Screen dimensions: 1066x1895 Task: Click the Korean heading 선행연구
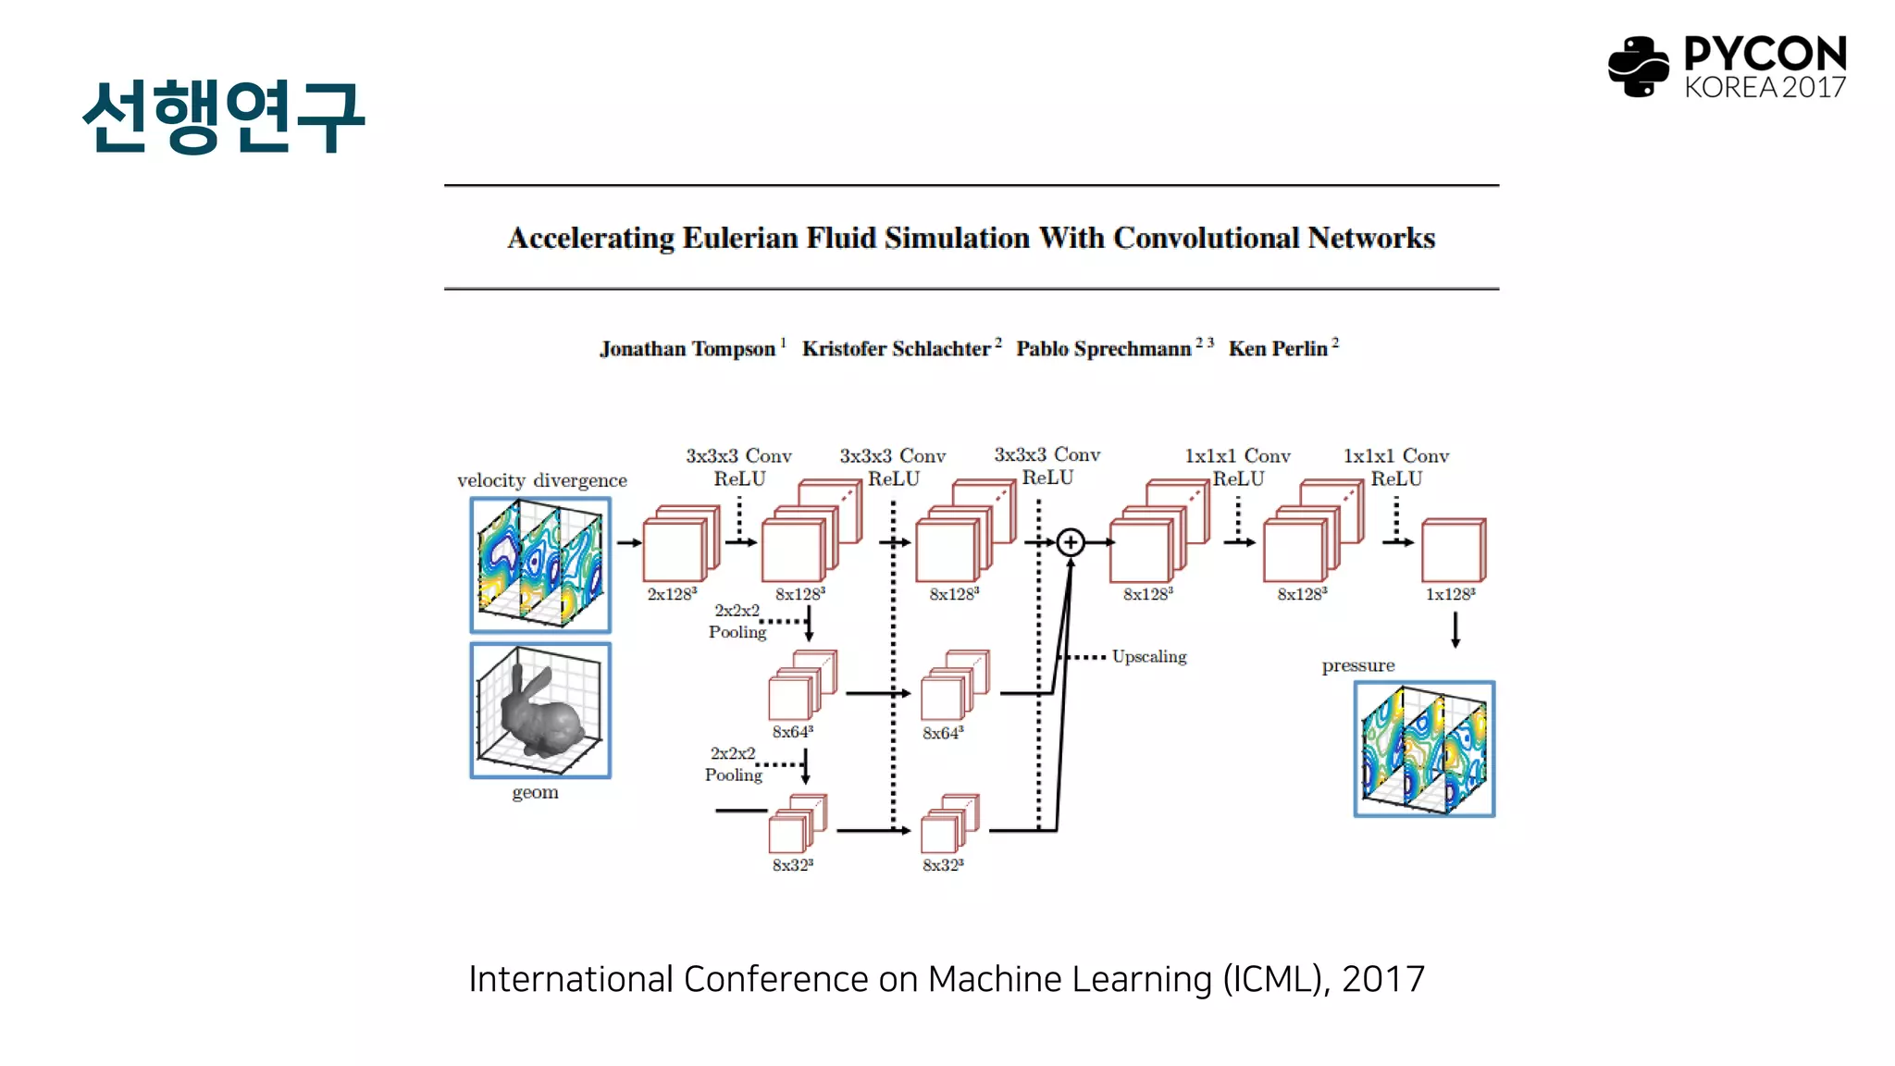[223, 116]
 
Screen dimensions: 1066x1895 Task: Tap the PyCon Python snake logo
[1638, 66]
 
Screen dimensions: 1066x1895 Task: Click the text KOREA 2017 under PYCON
[1765, 88]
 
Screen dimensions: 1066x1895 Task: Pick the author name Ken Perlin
[1278, 349]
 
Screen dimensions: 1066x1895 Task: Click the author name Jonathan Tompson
[687, 349]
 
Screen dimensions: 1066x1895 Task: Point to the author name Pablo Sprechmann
[1103, 349]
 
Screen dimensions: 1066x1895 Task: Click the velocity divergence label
[541, 480]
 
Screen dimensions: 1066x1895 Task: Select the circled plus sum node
[1071, 542]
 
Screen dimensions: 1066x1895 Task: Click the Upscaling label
[1149, 656]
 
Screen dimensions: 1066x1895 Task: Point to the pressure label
[1357, 665]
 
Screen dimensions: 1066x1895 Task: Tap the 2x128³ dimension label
[672, 594]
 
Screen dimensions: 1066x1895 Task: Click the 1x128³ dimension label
[1450, 594]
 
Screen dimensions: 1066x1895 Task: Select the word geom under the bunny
[535, 792]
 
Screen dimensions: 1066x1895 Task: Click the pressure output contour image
[1424, 750]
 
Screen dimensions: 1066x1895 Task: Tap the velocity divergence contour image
[540, 564]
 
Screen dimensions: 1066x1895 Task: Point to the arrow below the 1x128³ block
[1455, 629]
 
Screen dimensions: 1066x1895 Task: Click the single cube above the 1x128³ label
[1453, 551]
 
